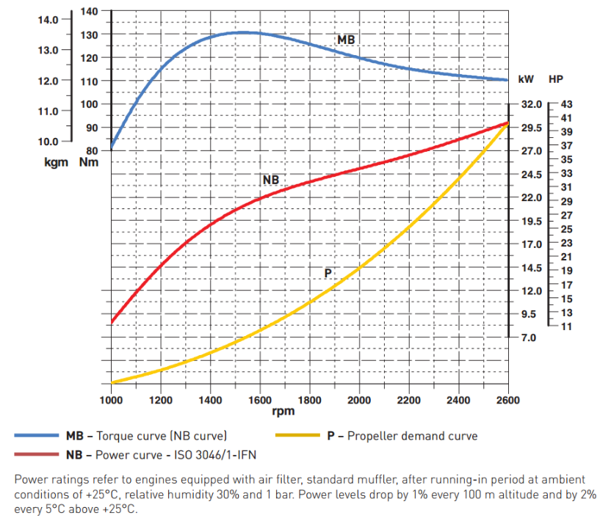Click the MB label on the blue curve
click(346, 39)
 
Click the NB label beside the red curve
click(270, 180)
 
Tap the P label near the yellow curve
click(328, 273)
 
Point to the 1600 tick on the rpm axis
click(259, 401)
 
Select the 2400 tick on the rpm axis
click(458, 401)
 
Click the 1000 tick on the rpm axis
click(111, 401)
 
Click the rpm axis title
click(283, 412)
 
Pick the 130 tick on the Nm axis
click(88, 34)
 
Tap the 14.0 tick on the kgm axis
click(48, 20)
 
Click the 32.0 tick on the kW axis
click(531, 105)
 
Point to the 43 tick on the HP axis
click(566, 105)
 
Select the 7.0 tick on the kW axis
click(531, 338)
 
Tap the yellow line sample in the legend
click(297, 436)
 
